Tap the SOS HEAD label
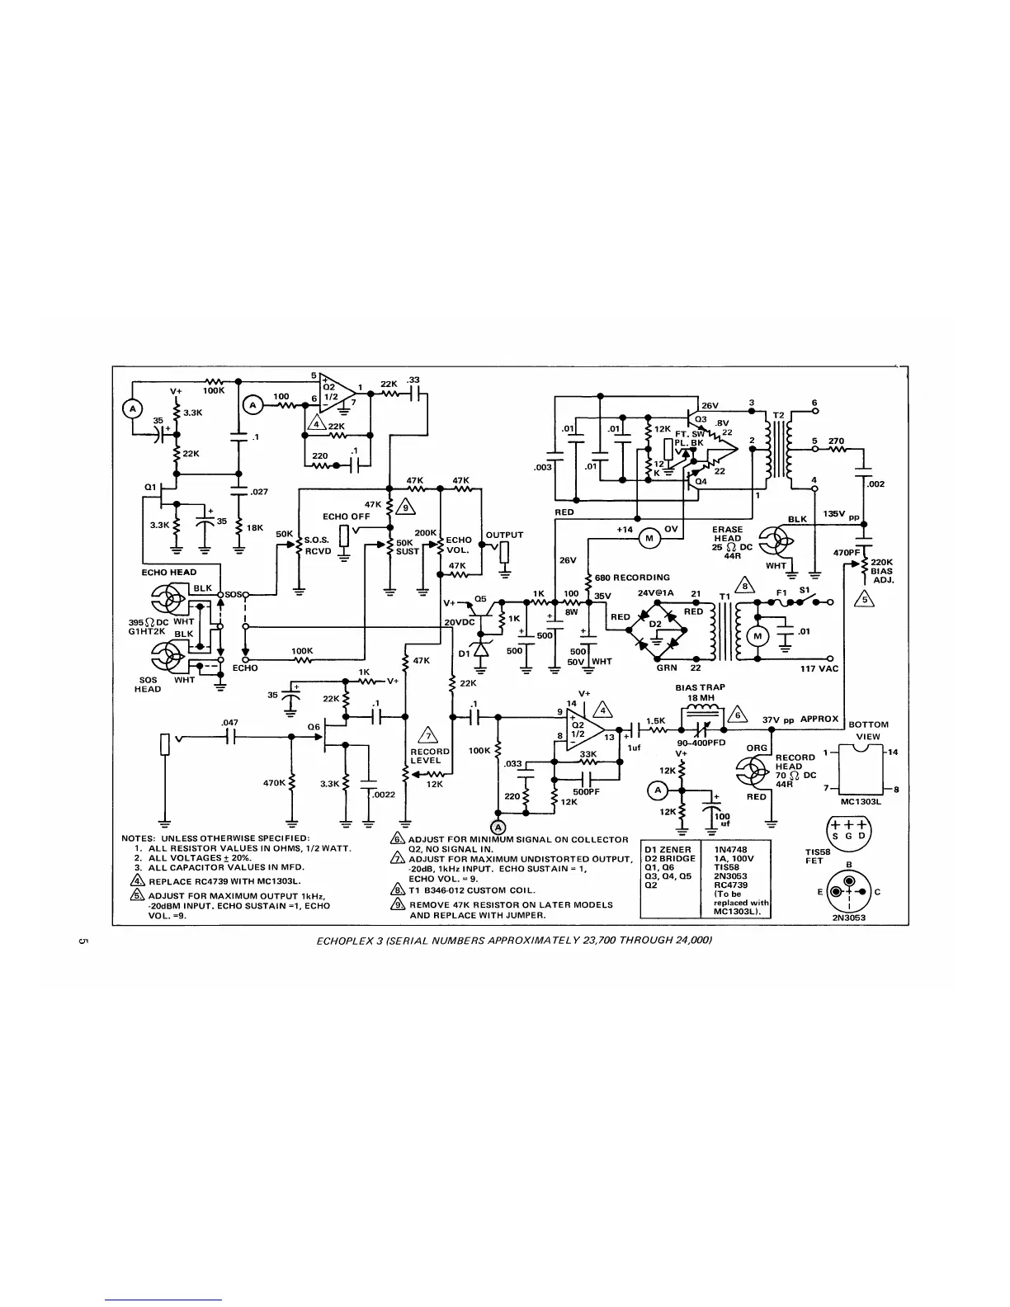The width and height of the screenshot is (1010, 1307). click(x=148, y=685)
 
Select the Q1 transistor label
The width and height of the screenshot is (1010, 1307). click(x=150, y=488)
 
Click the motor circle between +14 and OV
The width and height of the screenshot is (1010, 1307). click(x=649, y=538)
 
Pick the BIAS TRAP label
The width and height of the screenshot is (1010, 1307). click(x=701, y=687)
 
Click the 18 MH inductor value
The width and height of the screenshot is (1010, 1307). click(x=700, y=697)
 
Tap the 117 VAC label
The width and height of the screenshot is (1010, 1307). click(x=819, y=668)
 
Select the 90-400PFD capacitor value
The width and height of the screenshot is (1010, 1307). click(x=701, y=742)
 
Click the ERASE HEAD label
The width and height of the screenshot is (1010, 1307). click(x=728, y=534)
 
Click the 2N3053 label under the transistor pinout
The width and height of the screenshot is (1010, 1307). click(x=849, y=916)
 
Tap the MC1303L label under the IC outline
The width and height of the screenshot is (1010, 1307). click(x=862, y=800)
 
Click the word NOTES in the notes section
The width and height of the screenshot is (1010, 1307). click(x=139, y=838)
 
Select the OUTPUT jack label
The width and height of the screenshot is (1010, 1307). click(x=505, y=535)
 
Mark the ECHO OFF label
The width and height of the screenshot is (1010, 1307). click(x=347, y=517)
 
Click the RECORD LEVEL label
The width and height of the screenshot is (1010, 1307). click(x=430, y=756)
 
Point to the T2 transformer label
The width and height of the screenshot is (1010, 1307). click(x=777, y=413)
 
